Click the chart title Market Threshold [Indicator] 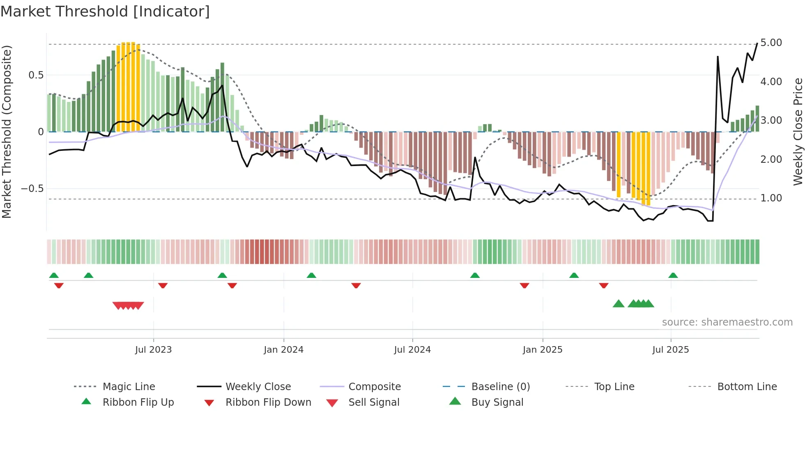click(x=105, y=12)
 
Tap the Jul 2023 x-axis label click(x=153, y=350)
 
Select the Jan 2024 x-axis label click(x=283, y=350)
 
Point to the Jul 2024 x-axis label click(x=412, y=350)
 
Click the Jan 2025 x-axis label click(x=543, y=350)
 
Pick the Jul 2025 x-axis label click(x=671, y=350)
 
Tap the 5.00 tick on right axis click(x=771, y=43)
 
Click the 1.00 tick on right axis click(x=771, y=198)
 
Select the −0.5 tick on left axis click(x=32, y=189)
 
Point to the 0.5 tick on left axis click(x=36, y=75)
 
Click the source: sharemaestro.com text click(x=727, y=322)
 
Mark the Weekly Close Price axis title click(x=798, y=132)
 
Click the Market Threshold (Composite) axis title click(x=7, y=132)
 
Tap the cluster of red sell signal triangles click(x=128, y=305)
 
